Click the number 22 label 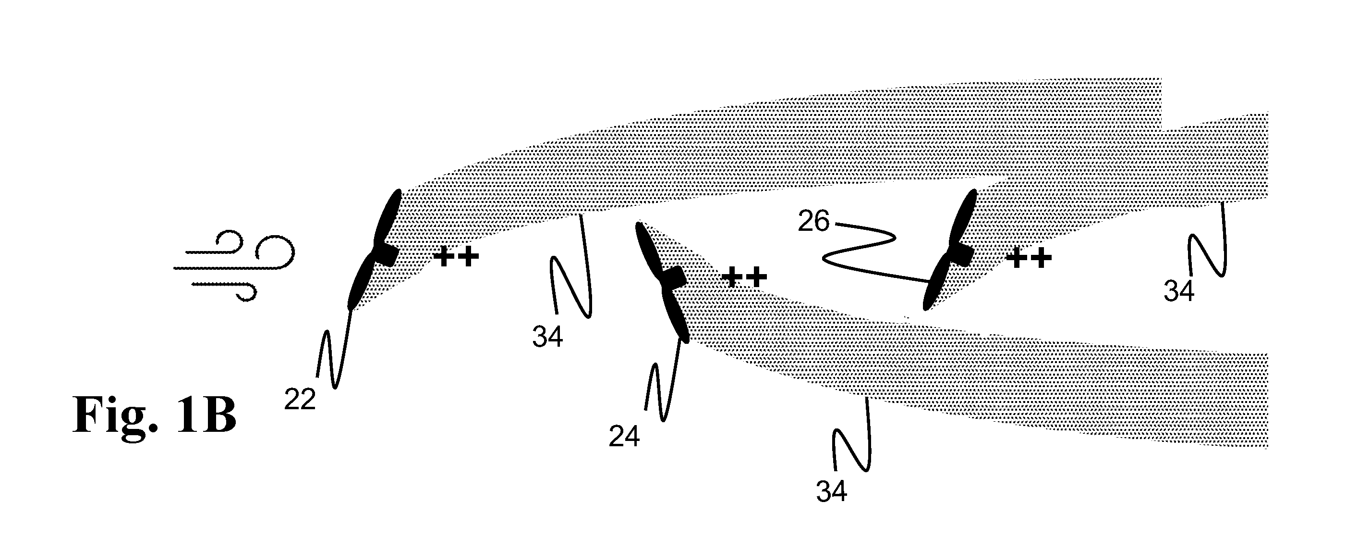tap(300, 400)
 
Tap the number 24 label tap(624, 436)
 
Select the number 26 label tap(814, 221)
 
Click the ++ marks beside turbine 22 tap(456, 257)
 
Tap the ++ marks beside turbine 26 tap(1029, 258)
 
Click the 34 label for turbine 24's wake tap(832, 491)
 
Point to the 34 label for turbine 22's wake tap(548, 337)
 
